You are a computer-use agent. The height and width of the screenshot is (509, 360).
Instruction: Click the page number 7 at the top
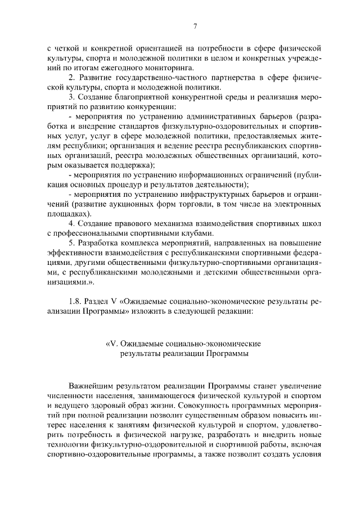point(194,26)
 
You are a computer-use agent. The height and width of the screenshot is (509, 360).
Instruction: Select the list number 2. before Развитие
point(71,78)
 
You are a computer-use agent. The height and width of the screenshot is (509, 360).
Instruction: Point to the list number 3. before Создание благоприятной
point(71,98)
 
